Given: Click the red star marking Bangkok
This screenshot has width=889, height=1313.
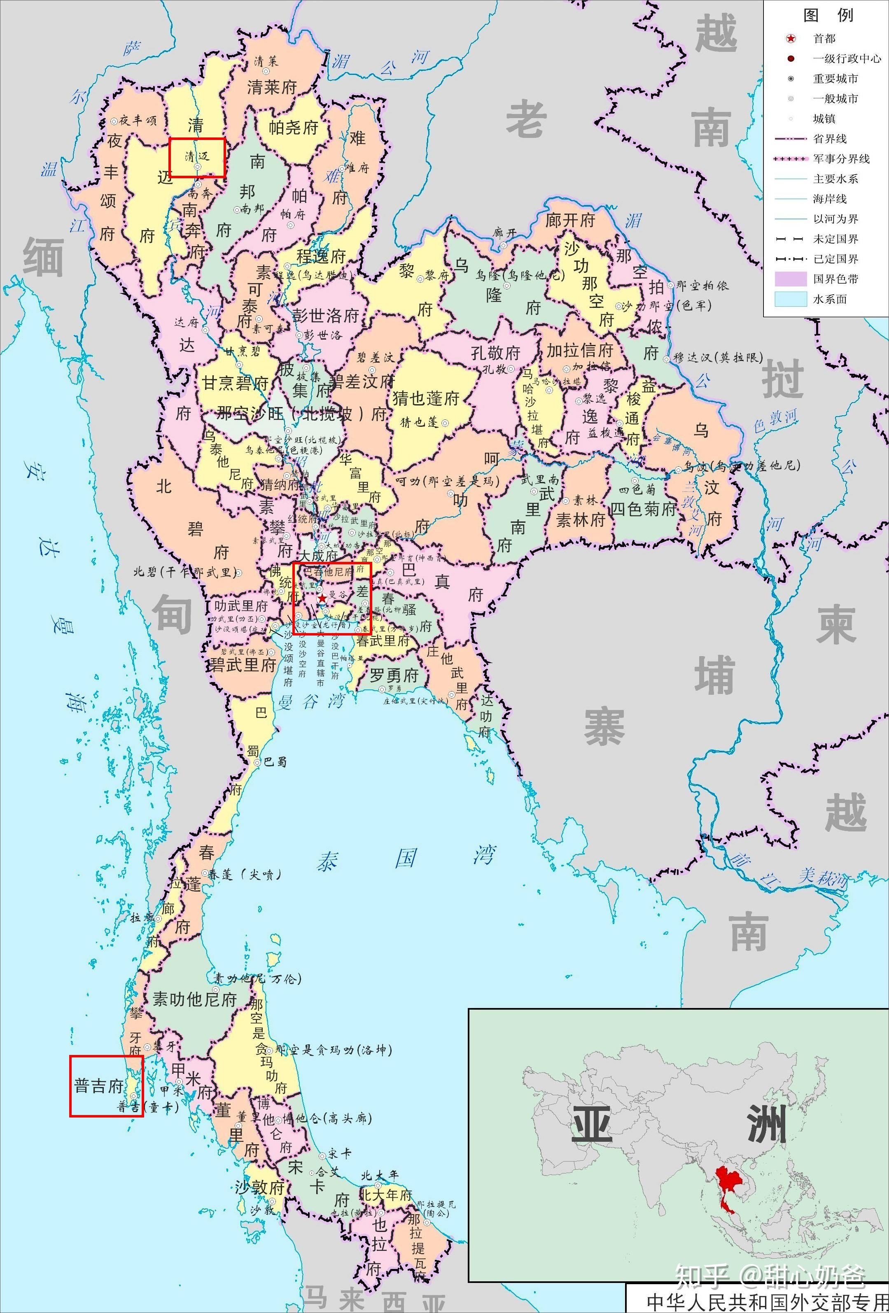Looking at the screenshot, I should tap(322, 598).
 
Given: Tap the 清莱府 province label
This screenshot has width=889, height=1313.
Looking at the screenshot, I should tap(272, 87).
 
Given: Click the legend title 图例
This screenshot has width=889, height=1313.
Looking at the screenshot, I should tap(828, 15).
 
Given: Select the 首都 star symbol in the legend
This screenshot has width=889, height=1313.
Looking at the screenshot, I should tap(791, 38).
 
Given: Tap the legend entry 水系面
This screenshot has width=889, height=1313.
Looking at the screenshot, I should tap(830, 299).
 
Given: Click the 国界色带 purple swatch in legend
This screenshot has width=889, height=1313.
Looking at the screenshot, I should tap(791, 279).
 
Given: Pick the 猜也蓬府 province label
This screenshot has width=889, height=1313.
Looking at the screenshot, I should tap(426, 398).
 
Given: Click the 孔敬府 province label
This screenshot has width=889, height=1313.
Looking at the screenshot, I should tap(496, 353).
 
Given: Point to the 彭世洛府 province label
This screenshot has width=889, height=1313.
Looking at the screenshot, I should tap(326, 315).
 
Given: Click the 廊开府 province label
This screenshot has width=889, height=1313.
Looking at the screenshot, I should tap(570, 220).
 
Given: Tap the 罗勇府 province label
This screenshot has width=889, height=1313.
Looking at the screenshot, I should tap(394, 675).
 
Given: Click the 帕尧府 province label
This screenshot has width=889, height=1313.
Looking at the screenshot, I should tap(293, 127).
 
